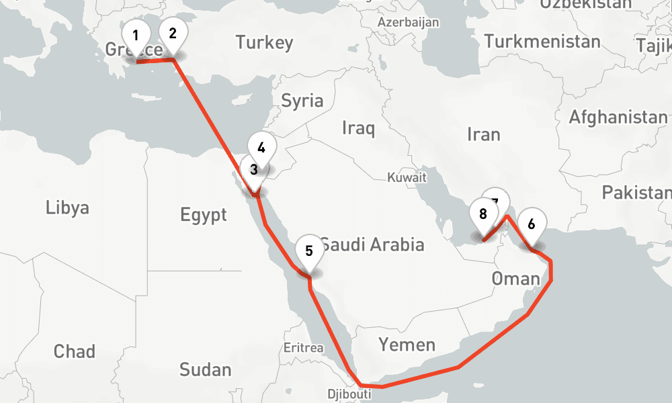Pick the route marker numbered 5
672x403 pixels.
click(308, 251)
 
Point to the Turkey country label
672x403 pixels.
click(264, 43)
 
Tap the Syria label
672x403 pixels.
click(302, 101)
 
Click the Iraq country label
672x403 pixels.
click(358, 128)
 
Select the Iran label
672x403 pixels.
click(484, 134)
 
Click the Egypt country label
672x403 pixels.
click(204, 215)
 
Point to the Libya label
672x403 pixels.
click(67, 207)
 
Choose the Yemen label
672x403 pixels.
click(407, 345)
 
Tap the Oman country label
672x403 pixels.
click(515, 278)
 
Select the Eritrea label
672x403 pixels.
click(304, 348)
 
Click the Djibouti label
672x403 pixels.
click(348, 394)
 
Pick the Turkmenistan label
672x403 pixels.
click(542, 42)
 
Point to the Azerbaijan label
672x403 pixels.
click(409, 22)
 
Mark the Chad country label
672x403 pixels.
click(74, 351)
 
